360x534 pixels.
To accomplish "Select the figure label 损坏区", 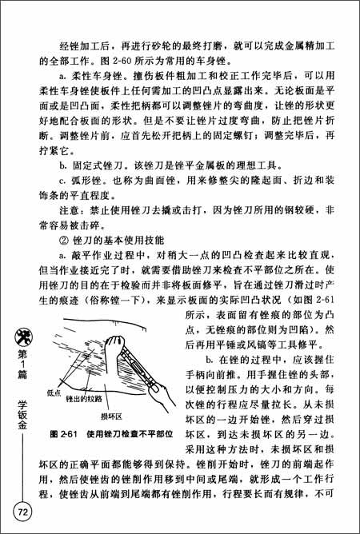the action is (110, 416).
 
